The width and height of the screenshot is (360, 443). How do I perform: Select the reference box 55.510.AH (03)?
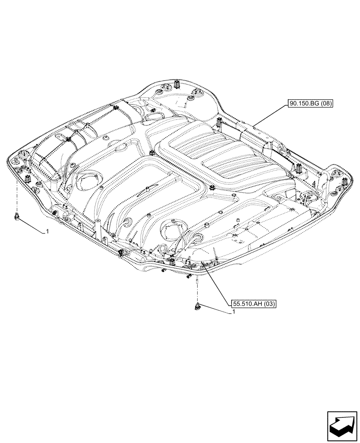[254, 304]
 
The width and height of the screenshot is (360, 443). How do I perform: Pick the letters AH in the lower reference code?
[257, 304]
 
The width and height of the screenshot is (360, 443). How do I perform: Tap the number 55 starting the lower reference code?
[236, 304]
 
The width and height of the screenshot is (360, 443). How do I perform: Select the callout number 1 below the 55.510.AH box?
[232, 312]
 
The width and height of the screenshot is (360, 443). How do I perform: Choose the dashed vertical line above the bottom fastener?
[197, 290]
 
